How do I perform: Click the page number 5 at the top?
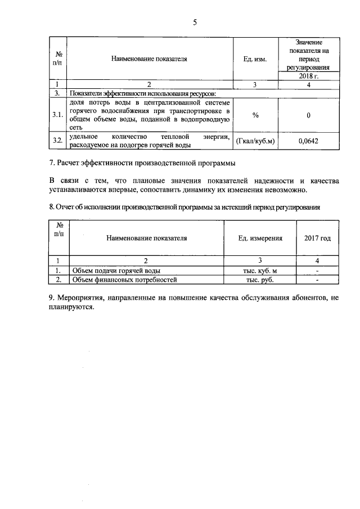(x=195, y=22)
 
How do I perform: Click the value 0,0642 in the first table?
(x=308, y=141)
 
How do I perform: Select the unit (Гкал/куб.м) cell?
(x=255, y=141)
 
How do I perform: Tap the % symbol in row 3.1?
(x=255, y=115)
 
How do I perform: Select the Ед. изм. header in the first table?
(x=255, y=58)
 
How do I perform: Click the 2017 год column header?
(x=318, y=238)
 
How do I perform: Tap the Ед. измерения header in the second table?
(x=260, y=238)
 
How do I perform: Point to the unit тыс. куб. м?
(x=260, y=271)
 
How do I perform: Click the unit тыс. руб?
(x=260, y=279)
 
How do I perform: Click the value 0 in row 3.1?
(x=308, y=115)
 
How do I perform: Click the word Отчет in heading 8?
(x=68, y=206)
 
